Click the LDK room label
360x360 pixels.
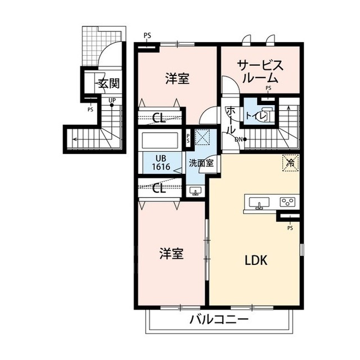pos(256,260)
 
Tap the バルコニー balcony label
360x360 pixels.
pos(219,319)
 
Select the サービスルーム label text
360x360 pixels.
pos(260,71)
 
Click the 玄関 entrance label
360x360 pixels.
pos(109,83)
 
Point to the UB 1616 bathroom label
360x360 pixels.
pos(161,163)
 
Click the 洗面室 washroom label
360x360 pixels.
pos(201,163)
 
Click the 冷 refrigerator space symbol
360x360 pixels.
pos(290,163)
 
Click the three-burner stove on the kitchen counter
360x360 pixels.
pos(286,202)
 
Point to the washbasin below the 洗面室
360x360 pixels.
pos(195,191)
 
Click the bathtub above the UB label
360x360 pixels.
pos(160,140)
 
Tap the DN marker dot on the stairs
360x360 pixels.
pos(245,139)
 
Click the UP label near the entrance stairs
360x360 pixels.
pos(112,100)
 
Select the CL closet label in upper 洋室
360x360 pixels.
pos(159,118)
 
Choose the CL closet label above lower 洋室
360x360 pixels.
pos(159,188)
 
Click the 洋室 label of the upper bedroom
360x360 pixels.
pos(178,79)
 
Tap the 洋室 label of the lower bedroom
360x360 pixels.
pos(172,254)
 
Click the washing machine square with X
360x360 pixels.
pos(202,137)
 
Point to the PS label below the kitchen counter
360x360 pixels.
pos(290,228)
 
